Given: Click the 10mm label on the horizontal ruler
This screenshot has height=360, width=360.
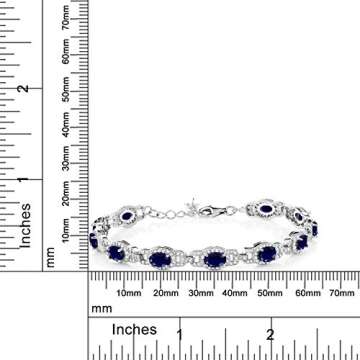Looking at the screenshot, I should tap(128, 293).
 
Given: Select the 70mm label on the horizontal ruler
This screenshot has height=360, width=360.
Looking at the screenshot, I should tap(341, 293).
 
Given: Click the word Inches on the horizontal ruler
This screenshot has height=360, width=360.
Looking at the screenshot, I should tap(134, 329).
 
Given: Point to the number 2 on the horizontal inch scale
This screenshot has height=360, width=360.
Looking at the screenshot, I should tap(269, 331).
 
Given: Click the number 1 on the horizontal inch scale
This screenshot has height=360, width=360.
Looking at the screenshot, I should tap(180, 331).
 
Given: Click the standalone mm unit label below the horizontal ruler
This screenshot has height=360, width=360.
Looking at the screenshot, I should tap(99, 309).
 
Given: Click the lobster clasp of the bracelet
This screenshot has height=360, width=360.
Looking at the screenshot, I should tap(215, 213).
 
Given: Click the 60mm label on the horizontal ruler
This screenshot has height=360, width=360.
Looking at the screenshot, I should tap(305, 293).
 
